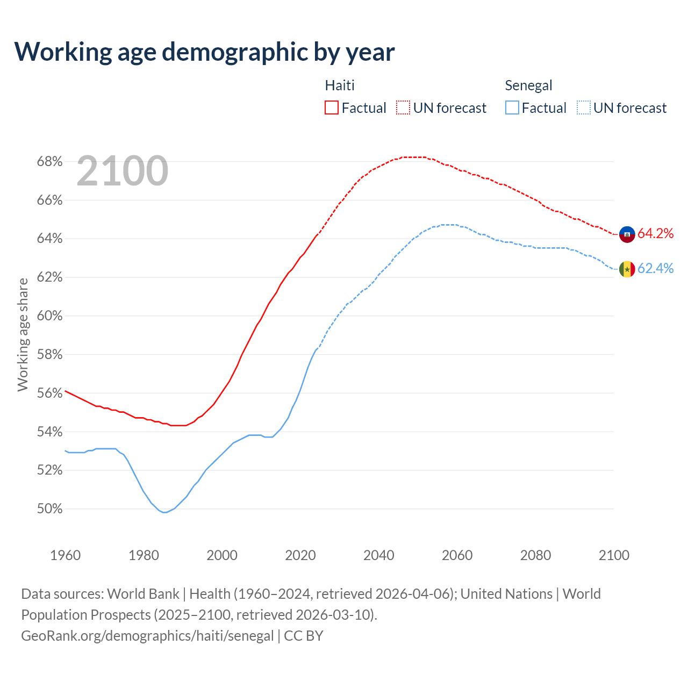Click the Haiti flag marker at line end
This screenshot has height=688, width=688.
tap(627, 234)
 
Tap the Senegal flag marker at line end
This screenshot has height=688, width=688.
tap(627, 269)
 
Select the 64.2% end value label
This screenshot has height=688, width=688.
tap(655, 233)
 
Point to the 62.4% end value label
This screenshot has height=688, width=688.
tap(655, 268)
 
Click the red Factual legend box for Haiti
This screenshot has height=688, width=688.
tap(332, 108)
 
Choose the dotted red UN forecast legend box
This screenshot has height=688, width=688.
tap(403, 108)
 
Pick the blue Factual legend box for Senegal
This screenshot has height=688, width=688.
tap(512, 108)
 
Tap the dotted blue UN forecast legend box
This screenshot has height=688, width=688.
tap(584, 108)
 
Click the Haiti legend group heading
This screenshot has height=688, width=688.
tap(340, 85)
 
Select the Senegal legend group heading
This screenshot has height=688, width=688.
tap(528, 85)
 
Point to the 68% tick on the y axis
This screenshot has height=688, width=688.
tap(49, 162)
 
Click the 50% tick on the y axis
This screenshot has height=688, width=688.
tap(49, 509)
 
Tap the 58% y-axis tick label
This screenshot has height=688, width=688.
tap(49, 355)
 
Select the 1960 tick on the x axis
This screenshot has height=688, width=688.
tap(65, 555)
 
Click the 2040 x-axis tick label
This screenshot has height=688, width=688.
tap(378, 555)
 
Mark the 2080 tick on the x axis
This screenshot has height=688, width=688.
tap(535, 555)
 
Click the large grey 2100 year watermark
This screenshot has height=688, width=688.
tap(123, 171)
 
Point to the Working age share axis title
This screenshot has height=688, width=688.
tap(23, 334)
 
